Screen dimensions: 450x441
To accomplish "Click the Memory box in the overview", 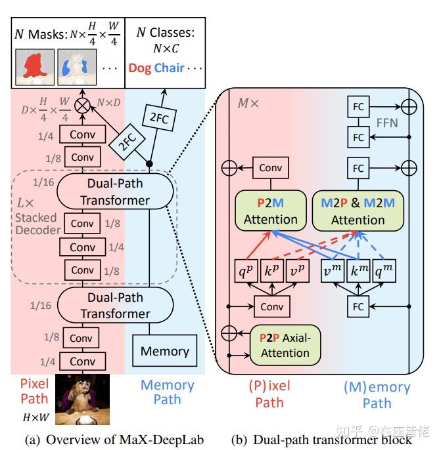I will tap(164, 351).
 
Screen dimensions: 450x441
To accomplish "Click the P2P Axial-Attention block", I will tap(285, 344).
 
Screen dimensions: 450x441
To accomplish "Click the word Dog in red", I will tap(140, 68).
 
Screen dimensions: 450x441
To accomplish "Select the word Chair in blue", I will tap(170, 68).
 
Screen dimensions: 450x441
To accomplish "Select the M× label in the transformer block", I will tap(248, 104).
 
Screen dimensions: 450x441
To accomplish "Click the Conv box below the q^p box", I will tap(271, 306).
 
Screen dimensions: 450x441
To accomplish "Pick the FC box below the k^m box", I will tap(358, 306).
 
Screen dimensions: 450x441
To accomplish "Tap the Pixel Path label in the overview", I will tap(34, 391).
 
